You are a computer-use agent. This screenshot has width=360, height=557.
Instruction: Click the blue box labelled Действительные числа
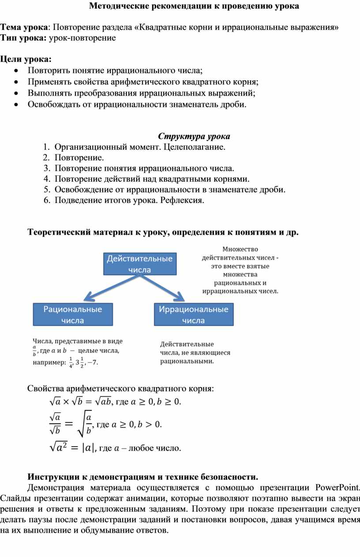click(x=139, y=263)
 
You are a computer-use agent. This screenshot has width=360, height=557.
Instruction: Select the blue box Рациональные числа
click(x=73, y=315)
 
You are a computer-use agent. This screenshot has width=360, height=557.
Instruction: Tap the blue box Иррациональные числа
click(x=194, y=315)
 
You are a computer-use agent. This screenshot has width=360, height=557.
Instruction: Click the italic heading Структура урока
click(x=194, y=136)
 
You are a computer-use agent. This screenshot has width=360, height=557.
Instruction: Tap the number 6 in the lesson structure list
click(x=46, y=200)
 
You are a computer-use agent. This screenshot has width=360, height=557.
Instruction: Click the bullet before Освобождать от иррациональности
click(x=16, y=105)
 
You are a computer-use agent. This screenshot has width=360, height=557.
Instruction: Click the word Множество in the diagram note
click(x=240, y=249)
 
